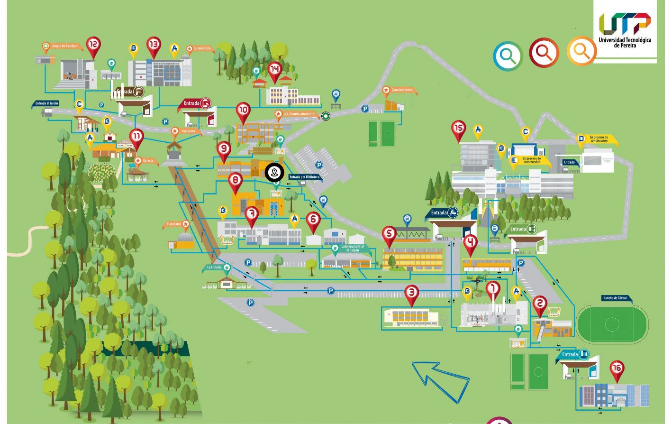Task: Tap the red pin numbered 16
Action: tap(617, 369)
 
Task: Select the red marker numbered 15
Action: tap(458, 129)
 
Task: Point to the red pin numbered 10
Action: tap(243, 111)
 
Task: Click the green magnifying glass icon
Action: tap(508, 56)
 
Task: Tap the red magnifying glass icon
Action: tap(544, 53)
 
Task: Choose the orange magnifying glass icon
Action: tap(581, 50)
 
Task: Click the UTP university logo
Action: tap(625, 29)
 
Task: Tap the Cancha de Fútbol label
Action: tap(615, 298)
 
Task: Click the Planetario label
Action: tap(174, 224)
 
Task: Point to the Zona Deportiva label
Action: tap(402, 90)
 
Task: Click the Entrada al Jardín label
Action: tap(46, 103)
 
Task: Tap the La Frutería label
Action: tap(214, 267)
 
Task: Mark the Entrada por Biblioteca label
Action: tap(304, 177)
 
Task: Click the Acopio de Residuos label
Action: tap(65, 46)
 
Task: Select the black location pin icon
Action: tap(274, 172)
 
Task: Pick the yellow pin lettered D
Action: tap(581, 139)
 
